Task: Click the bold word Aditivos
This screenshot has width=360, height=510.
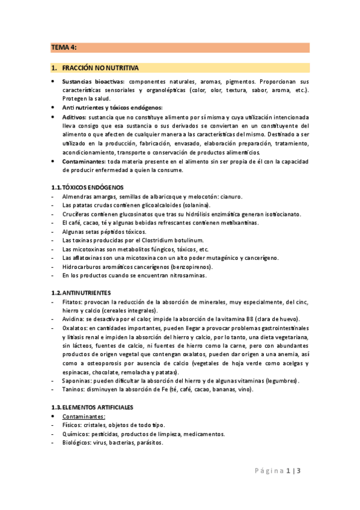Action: click(75, 117)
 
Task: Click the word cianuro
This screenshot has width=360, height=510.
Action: click(230, 197)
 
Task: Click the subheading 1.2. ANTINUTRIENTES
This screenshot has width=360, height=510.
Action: click(81, 292)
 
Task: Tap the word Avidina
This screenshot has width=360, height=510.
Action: click(75, 319)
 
